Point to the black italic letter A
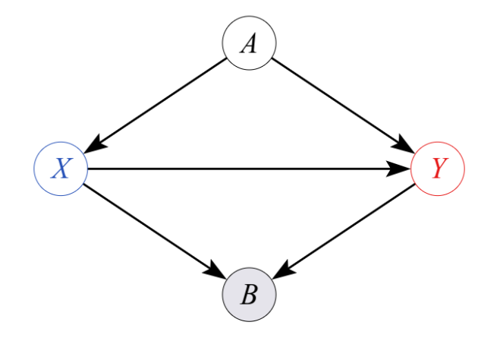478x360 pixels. coord(249,43)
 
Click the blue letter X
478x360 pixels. coord(61,168)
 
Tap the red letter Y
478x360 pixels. coord(438,168)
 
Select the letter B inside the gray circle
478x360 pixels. coord(249,295)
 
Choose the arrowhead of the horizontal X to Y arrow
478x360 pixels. coord(401,168)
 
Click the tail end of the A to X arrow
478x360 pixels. coord(227,58)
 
